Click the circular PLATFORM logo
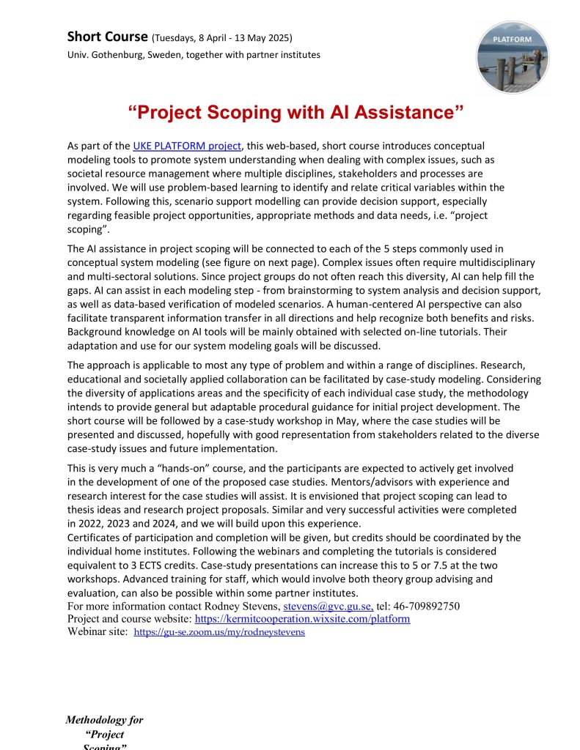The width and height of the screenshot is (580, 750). point(513,57)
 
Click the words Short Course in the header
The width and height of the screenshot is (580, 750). point(107,36)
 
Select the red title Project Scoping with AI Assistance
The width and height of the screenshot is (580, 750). point(296,113)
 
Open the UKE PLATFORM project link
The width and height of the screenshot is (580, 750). point(186,146)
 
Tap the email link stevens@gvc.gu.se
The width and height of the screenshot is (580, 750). point(328,606)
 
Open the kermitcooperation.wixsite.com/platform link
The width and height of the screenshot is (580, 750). point(302,619)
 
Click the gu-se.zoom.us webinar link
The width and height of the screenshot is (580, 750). point(219,632)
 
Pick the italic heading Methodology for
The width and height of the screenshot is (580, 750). point(104,720)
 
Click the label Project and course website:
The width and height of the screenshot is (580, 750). point(129,619)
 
